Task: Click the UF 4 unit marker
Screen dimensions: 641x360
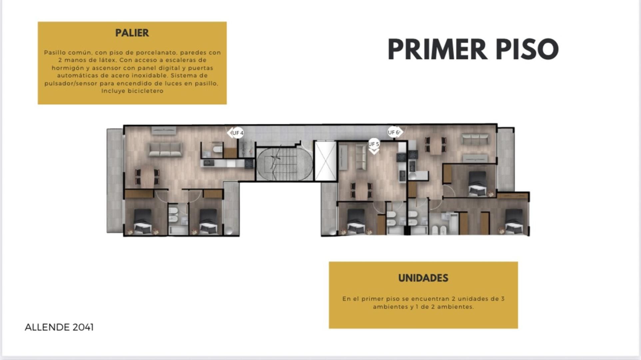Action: (236, 133)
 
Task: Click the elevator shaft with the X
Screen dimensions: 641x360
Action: (325, 161)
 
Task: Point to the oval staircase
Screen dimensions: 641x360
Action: (284, 164)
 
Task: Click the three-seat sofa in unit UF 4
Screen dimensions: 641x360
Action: (165, 149)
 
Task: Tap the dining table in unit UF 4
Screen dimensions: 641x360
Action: (147, 177)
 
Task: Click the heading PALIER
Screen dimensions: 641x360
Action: (132, 33)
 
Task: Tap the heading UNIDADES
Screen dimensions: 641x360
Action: (423, 278)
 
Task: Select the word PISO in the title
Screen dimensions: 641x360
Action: (527, 49)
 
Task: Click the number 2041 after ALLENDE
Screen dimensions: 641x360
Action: (83, 327)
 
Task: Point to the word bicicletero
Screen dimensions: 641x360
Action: (146, 91)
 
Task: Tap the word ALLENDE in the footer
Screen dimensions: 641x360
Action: (47, 327)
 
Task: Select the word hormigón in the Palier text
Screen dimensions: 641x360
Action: (66, 68)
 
